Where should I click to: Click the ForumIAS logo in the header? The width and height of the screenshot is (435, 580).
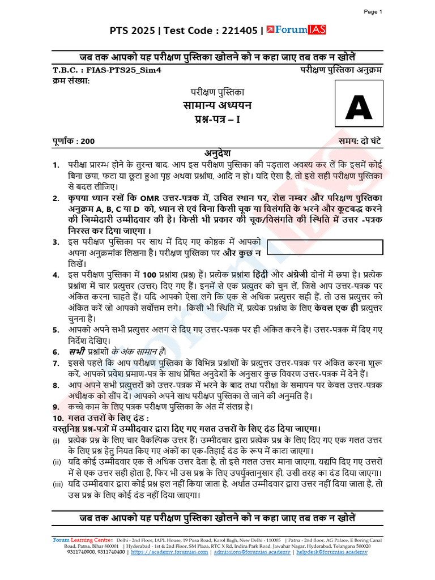(x=296, y=31)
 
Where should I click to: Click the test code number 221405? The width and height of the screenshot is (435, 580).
(x=238, y=31)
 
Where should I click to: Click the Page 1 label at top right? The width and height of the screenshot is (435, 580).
(x=373, y=11)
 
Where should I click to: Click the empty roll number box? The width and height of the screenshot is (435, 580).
(x=325, y=248)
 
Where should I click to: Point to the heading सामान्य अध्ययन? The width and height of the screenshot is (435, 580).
(x=217, y=105)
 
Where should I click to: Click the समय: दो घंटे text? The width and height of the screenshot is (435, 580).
(x=361, y=142)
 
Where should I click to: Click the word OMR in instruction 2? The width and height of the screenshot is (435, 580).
(x=151, y=198)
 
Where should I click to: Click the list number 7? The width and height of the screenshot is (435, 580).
(x=56, y=363)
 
